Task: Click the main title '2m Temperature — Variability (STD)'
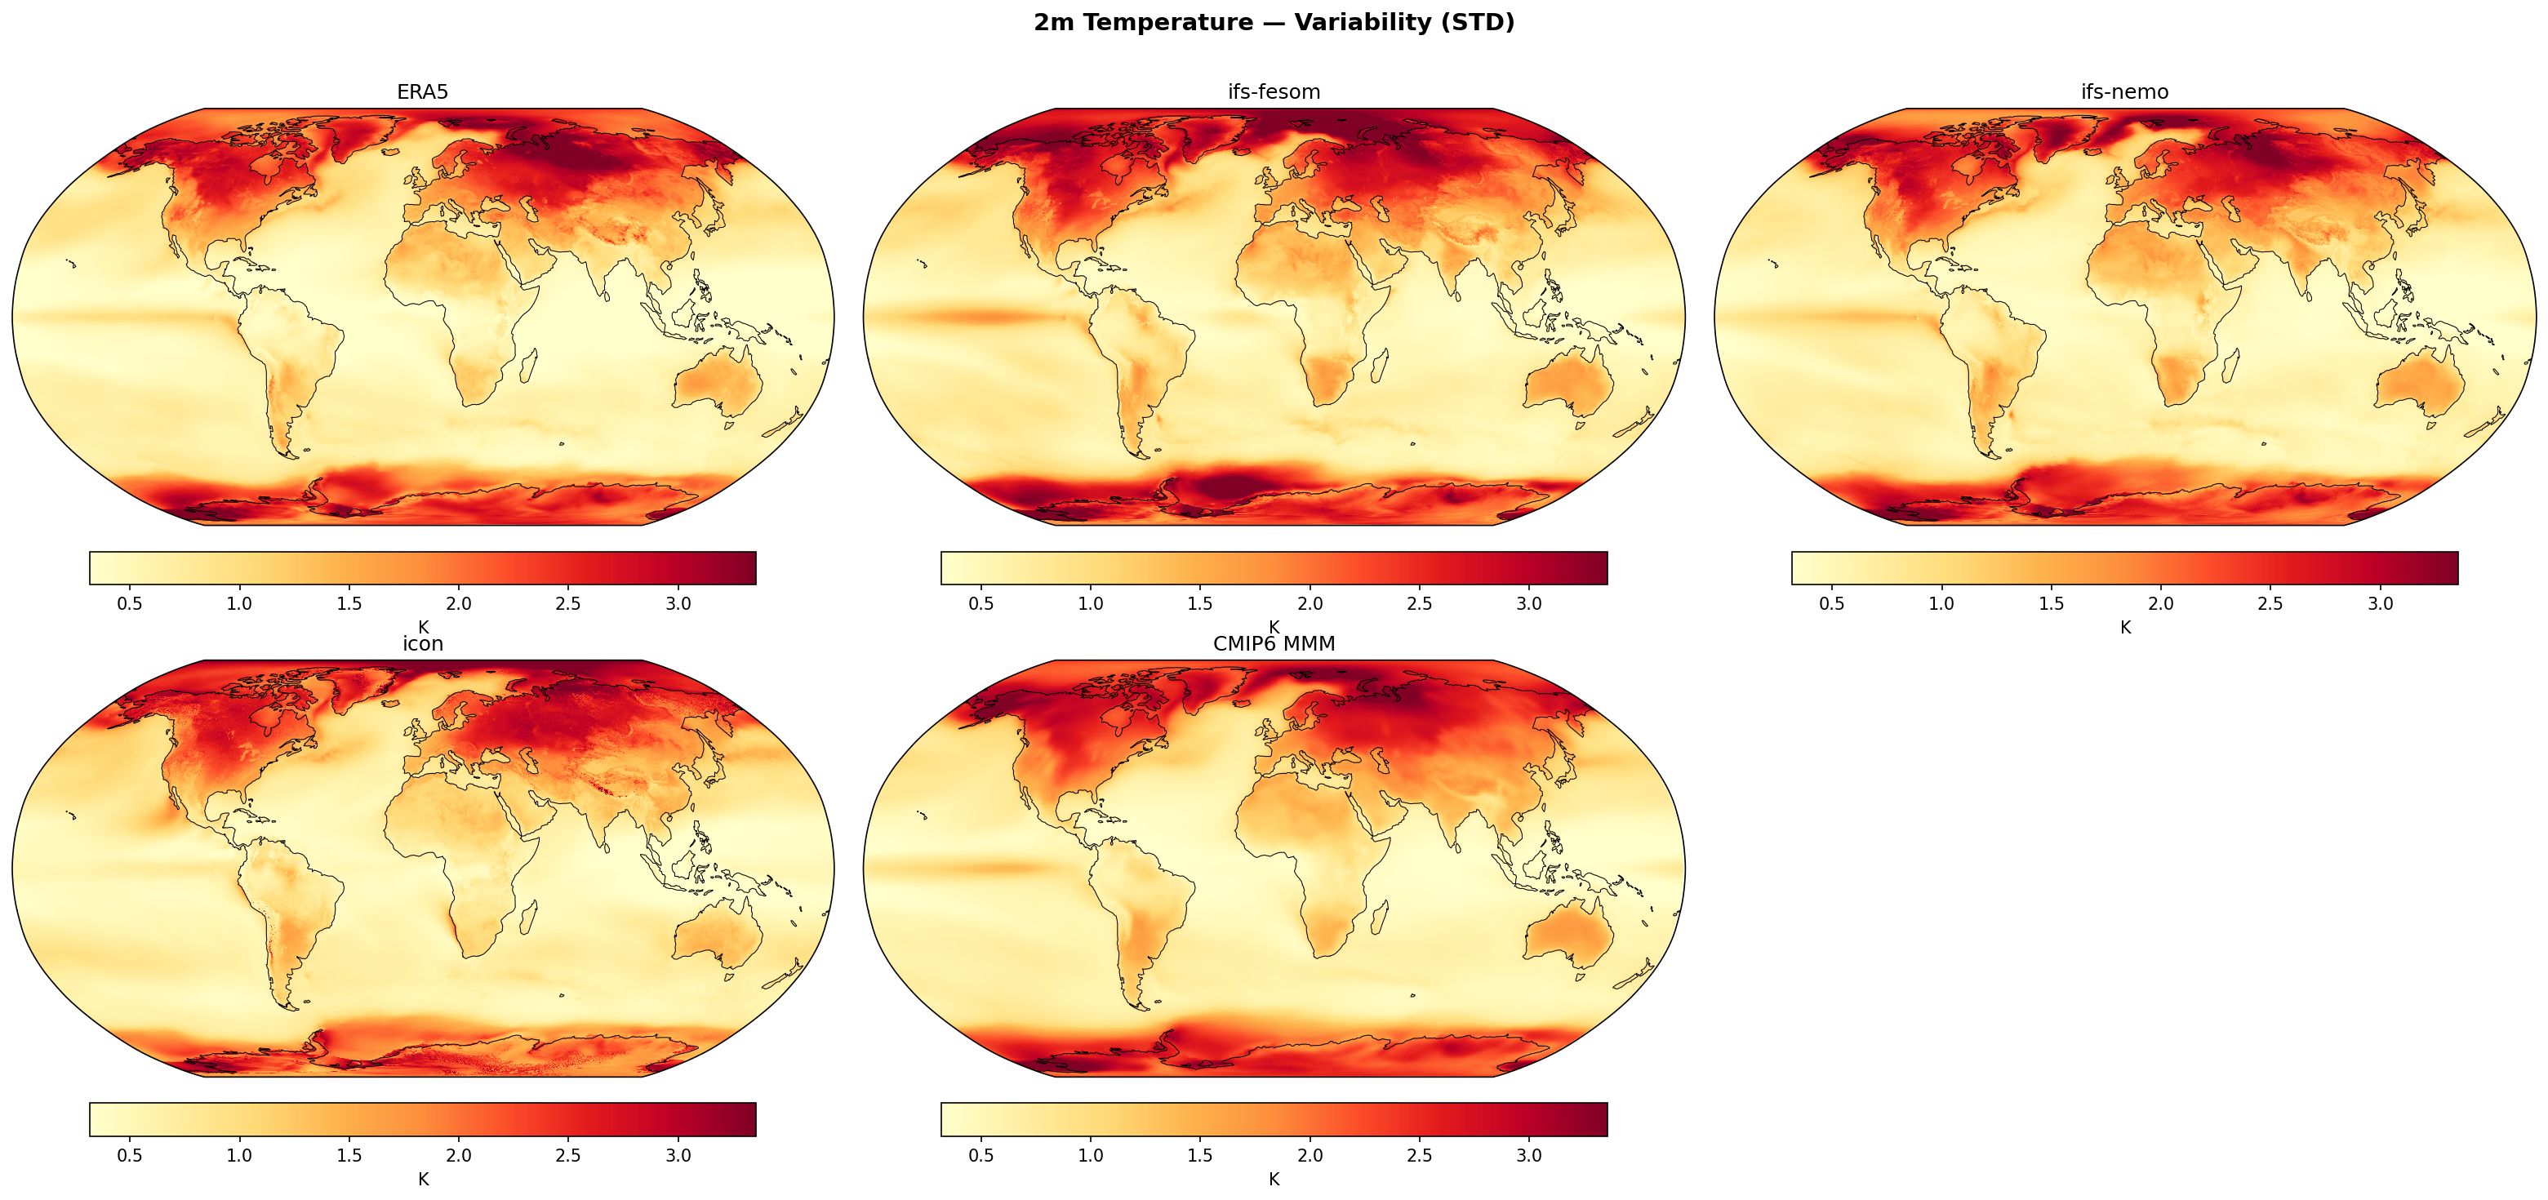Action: coord(1274,23)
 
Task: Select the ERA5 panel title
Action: coord(422,92)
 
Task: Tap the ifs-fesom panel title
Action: coord(1274,92)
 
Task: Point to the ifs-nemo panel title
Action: coord(2124,92)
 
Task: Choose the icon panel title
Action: coord(422,644)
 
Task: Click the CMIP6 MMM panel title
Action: coord(1274,644)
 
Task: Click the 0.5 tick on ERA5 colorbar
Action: coord(130,603)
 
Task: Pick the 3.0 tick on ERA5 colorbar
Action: coord(678,603)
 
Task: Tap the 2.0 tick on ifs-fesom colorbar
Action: coord(1310,603)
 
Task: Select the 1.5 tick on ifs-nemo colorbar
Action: coord(2052,603)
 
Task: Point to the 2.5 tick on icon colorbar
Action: coord(567,1154)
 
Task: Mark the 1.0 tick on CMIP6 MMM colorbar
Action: coord(1090,1154)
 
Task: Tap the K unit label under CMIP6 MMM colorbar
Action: coord(1274,1180)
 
